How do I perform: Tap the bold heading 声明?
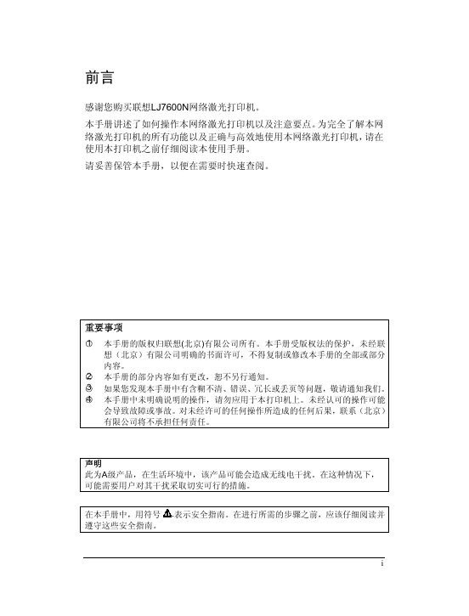(x=93, y=462)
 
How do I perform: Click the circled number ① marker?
(x=88, y=342)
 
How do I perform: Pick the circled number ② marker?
(x=88, y=375)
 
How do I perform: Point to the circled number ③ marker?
(x=88, y=386)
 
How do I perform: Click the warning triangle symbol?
(x=167, y=514)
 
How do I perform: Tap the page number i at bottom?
(x=382, y=563)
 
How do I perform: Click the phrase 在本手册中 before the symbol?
(x=105, y=515)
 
